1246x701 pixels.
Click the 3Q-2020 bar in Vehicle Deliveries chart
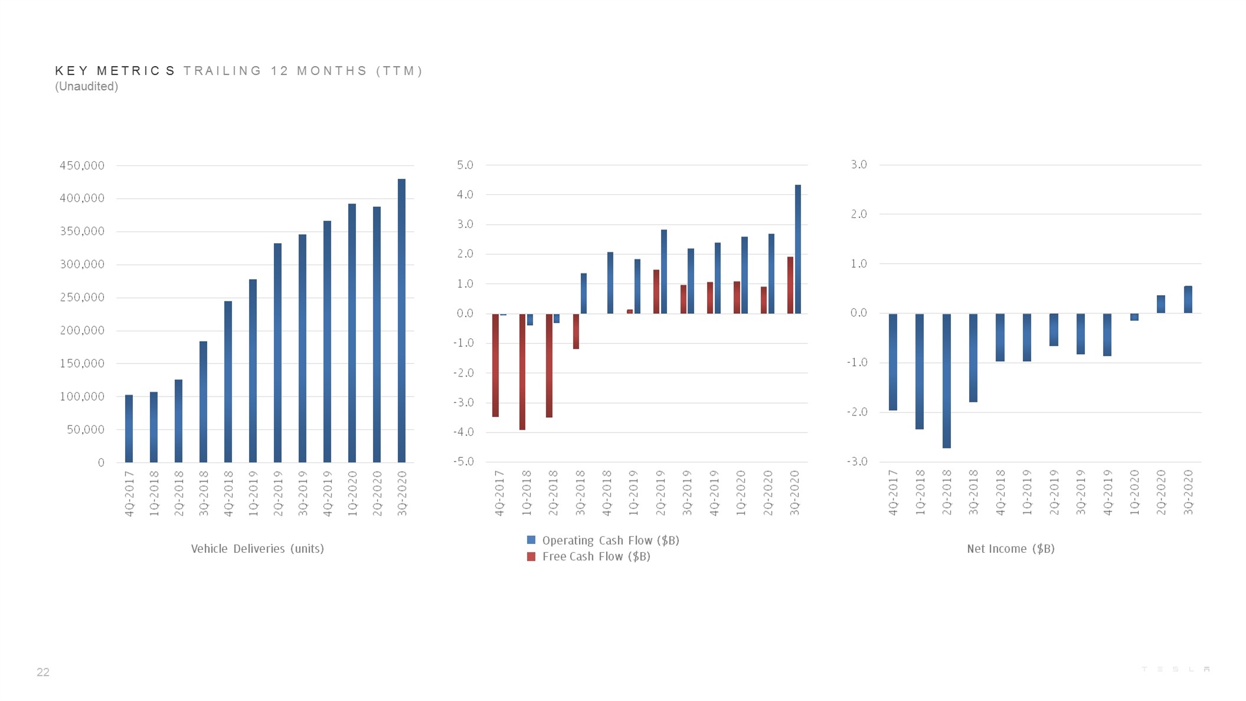(x=401, y=320)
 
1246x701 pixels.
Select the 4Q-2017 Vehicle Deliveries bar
(x=129, y=428)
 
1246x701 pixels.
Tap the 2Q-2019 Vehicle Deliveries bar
(x=277, y=353)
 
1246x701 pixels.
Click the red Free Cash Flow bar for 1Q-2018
(x=522, y=372)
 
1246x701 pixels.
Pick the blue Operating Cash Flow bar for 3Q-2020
(x=798, y=249)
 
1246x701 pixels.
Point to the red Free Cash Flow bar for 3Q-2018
(x=576, y=331)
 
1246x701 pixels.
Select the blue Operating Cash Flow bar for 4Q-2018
(x=610, y=283)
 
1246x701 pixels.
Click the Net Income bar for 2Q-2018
(x=947, y=381)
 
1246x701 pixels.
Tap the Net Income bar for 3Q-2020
(x=1188, y=300)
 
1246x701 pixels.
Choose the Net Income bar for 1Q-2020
(x=1134, y=317)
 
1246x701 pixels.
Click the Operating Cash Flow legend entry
(x=603, y=541)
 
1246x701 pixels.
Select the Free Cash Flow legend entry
(x=588, y=556)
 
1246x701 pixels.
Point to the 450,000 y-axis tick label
(x=82, y=166)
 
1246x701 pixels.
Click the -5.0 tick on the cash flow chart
(x=463, y=461)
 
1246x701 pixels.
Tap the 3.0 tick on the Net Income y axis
(x=859, y=165)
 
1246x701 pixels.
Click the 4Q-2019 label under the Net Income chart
(x=1108, y=493)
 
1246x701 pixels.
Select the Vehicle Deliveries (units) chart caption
(x=257, y=549)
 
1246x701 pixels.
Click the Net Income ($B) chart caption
(x=1010, y=549)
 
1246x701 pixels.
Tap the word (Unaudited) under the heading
(x=87, y=86)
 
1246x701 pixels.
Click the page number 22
(x=43, y=672)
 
